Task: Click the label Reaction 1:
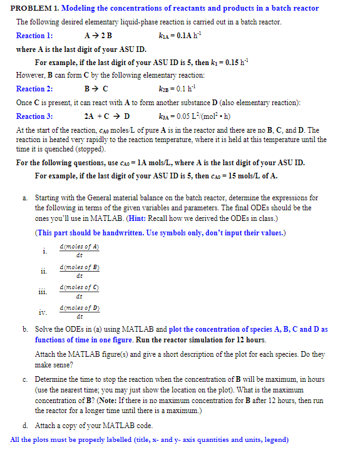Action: [34, 36]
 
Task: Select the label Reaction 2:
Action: [34, 89]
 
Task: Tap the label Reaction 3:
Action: [34, 116]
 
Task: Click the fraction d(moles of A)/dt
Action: [79, 251]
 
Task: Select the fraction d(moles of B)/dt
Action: [79, 271]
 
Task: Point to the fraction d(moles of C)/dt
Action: [79, 290]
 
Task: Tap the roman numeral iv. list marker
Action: [42, 311]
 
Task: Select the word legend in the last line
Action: [274, 439]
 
